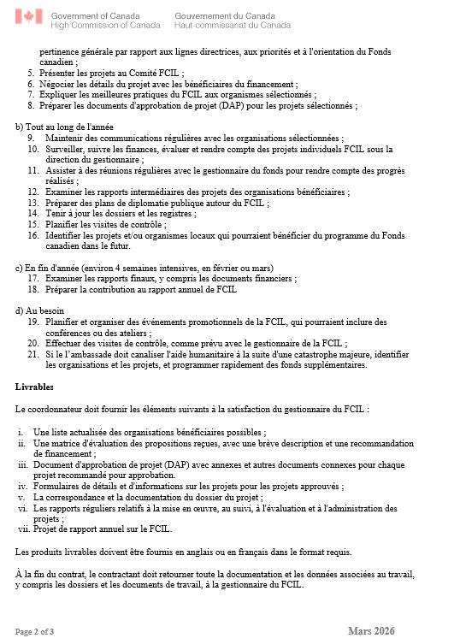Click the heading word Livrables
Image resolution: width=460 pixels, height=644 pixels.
(35, 387)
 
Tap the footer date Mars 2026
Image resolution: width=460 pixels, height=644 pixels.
(371, 631)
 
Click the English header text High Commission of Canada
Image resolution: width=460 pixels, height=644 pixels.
(105, 26)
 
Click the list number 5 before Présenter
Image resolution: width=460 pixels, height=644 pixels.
(31, 74)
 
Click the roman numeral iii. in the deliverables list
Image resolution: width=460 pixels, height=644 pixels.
(23, 464)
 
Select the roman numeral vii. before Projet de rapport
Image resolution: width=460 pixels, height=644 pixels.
(23, 529)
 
